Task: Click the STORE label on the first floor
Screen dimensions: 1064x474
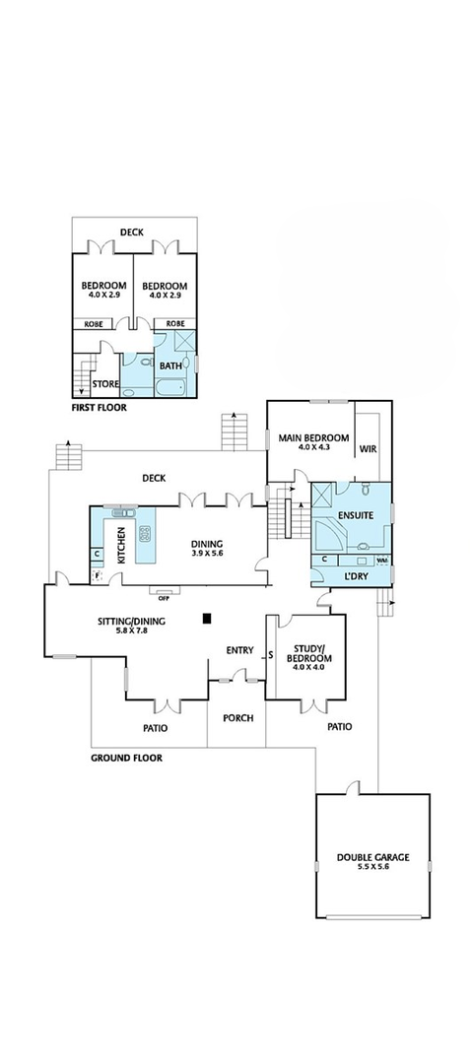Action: coord(105,383)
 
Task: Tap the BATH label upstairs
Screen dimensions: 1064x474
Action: coord(171,366)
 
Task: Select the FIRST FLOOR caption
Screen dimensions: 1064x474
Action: coord(99,406)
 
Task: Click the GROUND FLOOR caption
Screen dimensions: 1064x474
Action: coord(126,759)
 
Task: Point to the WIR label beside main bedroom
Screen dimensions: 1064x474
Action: coord(369,448)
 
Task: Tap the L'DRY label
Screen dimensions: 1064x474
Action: coord(356,575)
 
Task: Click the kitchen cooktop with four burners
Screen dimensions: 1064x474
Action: coord(144,536)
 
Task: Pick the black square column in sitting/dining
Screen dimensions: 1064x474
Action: coord(206,619)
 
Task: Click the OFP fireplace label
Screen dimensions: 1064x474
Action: coord(164,596)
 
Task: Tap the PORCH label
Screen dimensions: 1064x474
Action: coord(237,718)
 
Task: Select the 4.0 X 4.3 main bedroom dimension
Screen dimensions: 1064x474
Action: coord(313,448)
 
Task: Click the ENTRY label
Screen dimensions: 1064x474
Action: coord(239,650)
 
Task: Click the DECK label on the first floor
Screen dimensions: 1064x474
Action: coord(132,233)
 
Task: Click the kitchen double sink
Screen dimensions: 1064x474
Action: coord(124,512)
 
